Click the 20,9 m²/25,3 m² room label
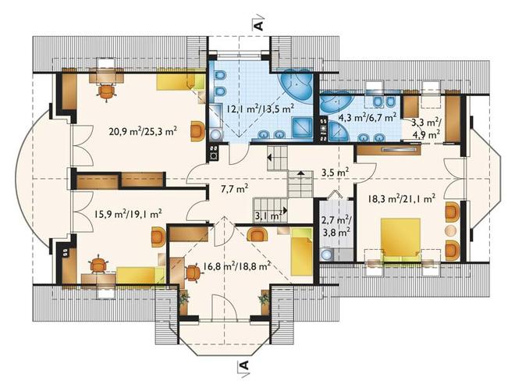144,132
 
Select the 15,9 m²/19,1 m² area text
127,214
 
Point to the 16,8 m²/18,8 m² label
236,265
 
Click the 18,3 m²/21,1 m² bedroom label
402,198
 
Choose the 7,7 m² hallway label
235,189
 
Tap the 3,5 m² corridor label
335,172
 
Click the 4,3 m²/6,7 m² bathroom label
368,116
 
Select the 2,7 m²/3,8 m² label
336,226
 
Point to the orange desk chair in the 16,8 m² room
193,273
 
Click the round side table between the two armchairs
451,230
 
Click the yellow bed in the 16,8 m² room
301,251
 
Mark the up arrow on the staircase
300,173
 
